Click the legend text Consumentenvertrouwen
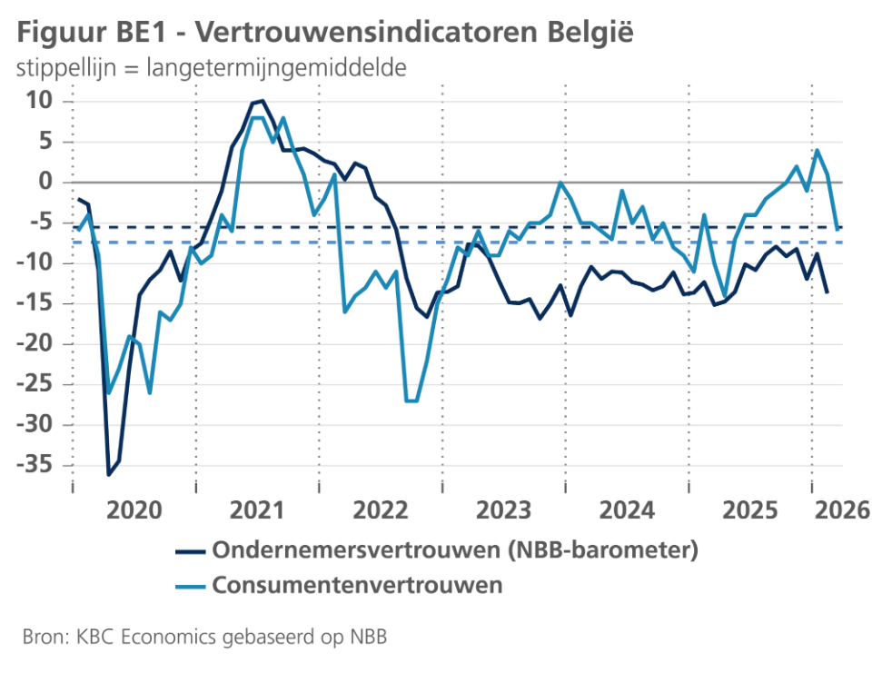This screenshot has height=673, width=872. tap(357, 585)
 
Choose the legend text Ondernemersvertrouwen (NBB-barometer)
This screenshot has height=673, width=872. tap(454, 549)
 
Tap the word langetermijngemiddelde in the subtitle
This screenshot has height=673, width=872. tap(274, 68)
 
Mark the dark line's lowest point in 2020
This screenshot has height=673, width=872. tap(109, 474)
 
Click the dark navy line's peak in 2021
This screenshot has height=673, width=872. tap(262, 100)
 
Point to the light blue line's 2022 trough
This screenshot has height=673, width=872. tap(411, 401)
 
